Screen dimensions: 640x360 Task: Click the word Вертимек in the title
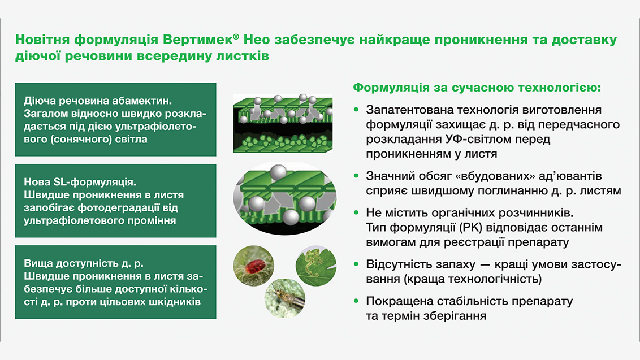click(x=197, y=40)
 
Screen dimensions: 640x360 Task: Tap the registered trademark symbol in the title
click(x=236, y=37)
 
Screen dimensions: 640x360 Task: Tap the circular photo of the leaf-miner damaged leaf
click(x=316, y=266)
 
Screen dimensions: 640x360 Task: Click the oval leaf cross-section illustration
click(x=284, y=198)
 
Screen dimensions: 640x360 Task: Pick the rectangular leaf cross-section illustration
click(x=283, y=123)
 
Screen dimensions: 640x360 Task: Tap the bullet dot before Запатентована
click(x=356, y=110)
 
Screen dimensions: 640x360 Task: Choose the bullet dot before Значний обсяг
click(x=356, y=176)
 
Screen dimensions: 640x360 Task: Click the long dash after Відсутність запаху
click(x=485, y=265)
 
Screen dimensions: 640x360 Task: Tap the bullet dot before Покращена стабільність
click(x=356, y=301)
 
